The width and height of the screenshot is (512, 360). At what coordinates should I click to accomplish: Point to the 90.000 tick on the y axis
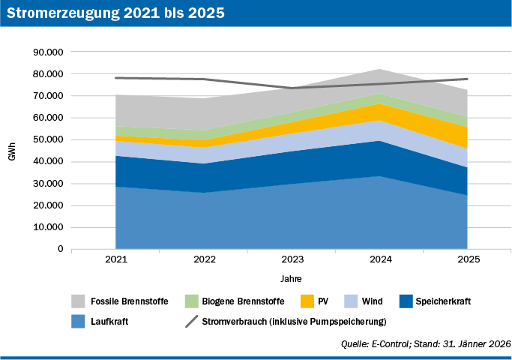pyautogui.click(x=47, y=52)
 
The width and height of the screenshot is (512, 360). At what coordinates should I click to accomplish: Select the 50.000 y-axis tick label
pyautogui.click(x=47, y=140)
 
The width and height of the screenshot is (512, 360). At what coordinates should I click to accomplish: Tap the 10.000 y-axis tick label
pyautogui.click(x=47, y=227)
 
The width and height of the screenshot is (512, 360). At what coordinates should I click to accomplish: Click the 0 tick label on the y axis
pyautogui.click(x=60, y=249)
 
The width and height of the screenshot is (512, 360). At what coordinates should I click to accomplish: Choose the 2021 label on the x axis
pyautogui.click(x=116, y=260)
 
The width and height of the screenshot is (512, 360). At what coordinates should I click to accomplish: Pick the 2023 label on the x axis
pyautogui.click(x=292, y=260)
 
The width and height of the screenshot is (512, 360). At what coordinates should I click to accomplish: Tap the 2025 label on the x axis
pyautogui.click(x=467, y=260)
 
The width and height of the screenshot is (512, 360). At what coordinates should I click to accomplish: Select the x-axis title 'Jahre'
pyautogui.click(x=292, y=278)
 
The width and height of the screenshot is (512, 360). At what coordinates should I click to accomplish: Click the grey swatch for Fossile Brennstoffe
pyautogui.click(x=79, y=301)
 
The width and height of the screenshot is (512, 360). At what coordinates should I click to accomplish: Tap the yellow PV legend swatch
pyautogui.click(x=306, y=301)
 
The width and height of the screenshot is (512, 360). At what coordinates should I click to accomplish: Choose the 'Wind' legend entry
pyautogui.click(x=372, y=301)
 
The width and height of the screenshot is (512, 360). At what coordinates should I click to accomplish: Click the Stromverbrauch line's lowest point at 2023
pyautogui.click(x=292, y=88)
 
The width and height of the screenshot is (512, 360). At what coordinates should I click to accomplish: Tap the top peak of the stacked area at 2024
pyautogui.click(x=379, y=69)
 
